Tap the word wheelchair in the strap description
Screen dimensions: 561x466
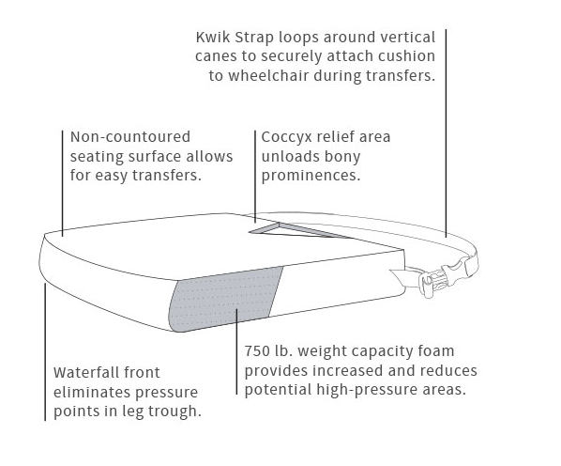pyautogui.click(x=268, y=75)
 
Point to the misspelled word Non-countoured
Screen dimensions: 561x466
pyautogui.click(x=130, y=137)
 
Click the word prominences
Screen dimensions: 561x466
pyautogui.click(x=311, y=176)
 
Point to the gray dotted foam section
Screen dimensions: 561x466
pyautogui.click(x=226, y=298)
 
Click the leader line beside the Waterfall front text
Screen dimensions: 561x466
pyautogui.click(x=45, y=351)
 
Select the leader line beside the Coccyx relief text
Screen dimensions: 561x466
pyautogui.click(x=255, y=177)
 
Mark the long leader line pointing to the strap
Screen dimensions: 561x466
pyautogui.click(x=446, y=133)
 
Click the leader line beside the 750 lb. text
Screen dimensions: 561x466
pyautogui.click(x=236, y=351)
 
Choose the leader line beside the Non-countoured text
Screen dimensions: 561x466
pyautogui.click(x=63, y=183)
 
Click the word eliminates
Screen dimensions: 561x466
pyautogui.click(x=90, y=392)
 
